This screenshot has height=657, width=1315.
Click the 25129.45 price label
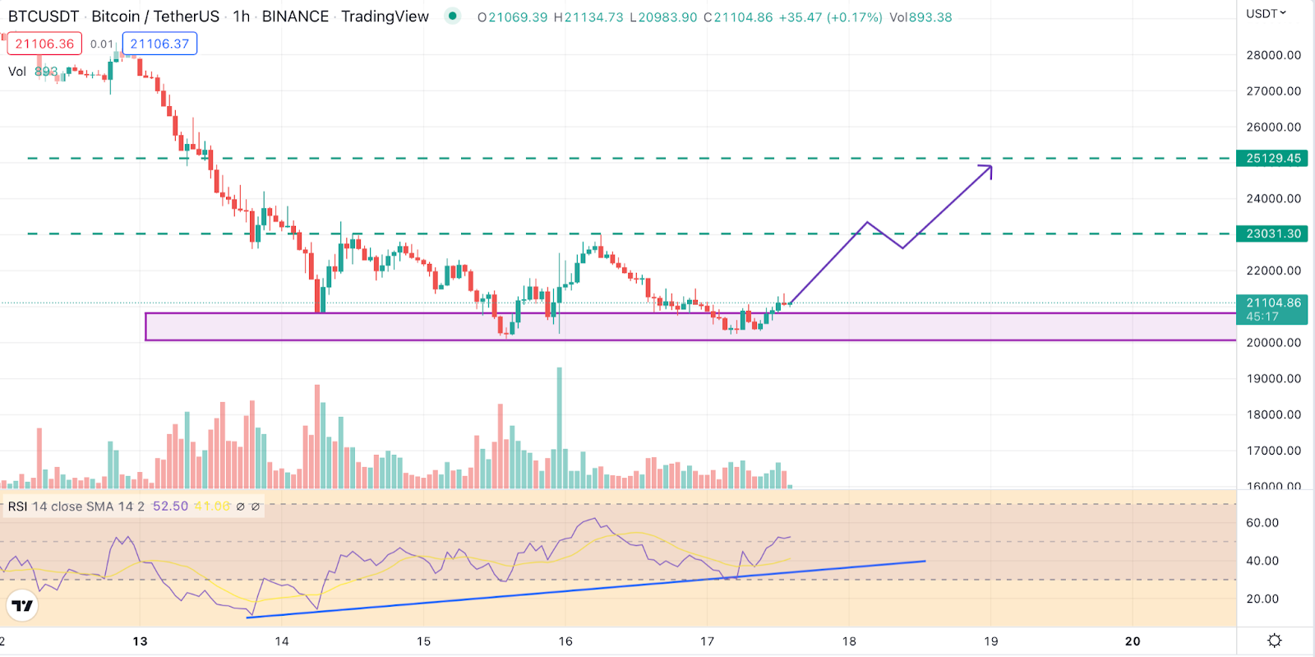[1273, 158]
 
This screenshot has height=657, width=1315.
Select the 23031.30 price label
[1273, 234]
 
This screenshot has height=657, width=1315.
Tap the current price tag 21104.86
[1273, 303]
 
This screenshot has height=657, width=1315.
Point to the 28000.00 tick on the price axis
[1273, 55]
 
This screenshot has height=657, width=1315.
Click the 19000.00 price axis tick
[1273, 378]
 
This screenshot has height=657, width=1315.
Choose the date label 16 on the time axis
[565, 641]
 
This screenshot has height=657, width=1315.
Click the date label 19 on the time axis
[991, 641]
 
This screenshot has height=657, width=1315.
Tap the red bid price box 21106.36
[44, 44]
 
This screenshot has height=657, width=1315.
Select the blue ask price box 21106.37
[159, 44]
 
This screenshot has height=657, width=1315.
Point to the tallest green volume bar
[560, 428]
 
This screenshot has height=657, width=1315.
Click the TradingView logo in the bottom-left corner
[22, 606]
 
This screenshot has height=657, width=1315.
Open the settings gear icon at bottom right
[1275, 641]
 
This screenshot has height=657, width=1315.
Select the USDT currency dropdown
[1266, 14]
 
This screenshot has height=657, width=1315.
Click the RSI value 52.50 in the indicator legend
[170, 507]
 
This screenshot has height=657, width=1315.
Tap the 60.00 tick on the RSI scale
[1262, 523]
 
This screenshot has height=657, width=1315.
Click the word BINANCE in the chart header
[295, 16]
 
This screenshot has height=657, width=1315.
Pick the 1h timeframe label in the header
[241, 16]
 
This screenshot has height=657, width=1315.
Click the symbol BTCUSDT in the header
[44, 16]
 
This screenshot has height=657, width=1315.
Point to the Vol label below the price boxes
[17, 72]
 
